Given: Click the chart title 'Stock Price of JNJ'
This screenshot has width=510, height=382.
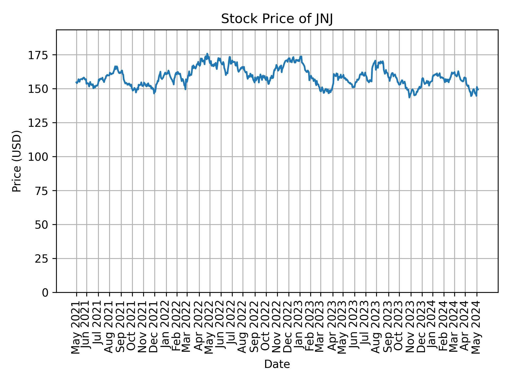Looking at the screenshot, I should pyautogui.click(x=277, y=19).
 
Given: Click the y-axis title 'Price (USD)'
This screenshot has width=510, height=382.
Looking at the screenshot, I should pyautogui.click(x=17, y=161).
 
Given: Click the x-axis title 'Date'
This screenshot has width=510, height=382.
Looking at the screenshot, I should pyautogui.click(x=277, y=364).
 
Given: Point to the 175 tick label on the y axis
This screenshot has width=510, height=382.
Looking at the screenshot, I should pyautogui.click(x=40, y=55).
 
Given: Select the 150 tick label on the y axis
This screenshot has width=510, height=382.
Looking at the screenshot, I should pyautogui.click(x=40, y=89).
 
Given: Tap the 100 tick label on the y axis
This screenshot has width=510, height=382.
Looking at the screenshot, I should pyautogui.click(x=40, y=157).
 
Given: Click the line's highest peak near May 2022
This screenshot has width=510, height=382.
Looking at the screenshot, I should pyautogui.click(x=207, y=54).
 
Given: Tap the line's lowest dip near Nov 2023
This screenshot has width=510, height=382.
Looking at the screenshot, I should pyautogui.click(x=409, y=97).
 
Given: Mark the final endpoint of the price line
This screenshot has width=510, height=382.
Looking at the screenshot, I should pyautogui.click(x=478, y=90).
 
